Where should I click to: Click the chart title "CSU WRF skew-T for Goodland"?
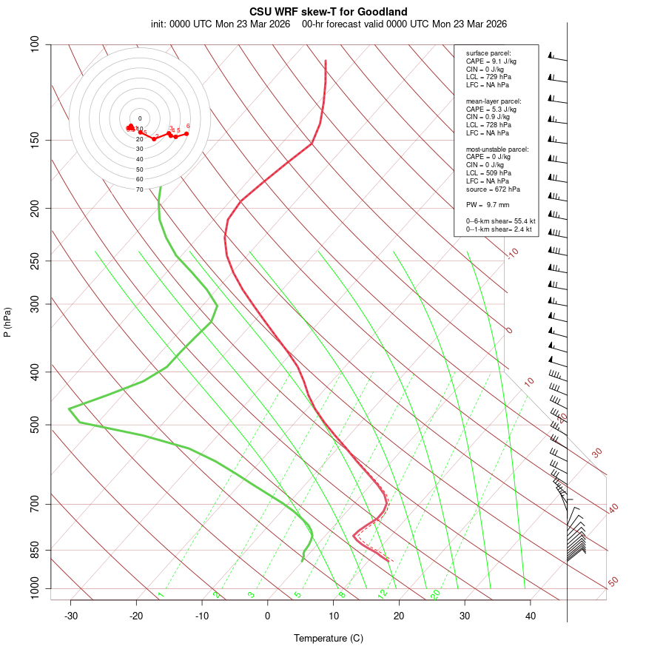pos(328,12)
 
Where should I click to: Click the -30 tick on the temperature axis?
pos(71,615)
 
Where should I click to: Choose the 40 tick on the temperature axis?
pos(531,615)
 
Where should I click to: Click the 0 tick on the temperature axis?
pos(268,615)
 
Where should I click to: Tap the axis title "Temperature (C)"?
pos(328,638)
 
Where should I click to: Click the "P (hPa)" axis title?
pos(7,322)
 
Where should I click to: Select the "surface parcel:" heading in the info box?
pos(488,53)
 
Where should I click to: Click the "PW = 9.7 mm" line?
pos(488,204)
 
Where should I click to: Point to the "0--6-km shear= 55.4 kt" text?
pos(500,221)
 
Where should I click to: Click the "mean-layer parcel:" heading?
pos(494,101)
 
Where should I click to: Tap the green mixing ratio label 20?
pos(436,593)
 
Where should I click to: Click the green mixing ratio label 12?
pos(383,593)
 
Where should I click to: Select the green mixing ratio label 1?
pos(161,594)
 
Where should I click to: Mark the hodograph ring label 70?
pos(139,189)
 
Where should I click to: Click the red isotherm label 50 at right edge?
pos(613,582)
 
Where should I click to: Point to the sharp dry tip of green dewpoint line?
pos(69,408)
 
